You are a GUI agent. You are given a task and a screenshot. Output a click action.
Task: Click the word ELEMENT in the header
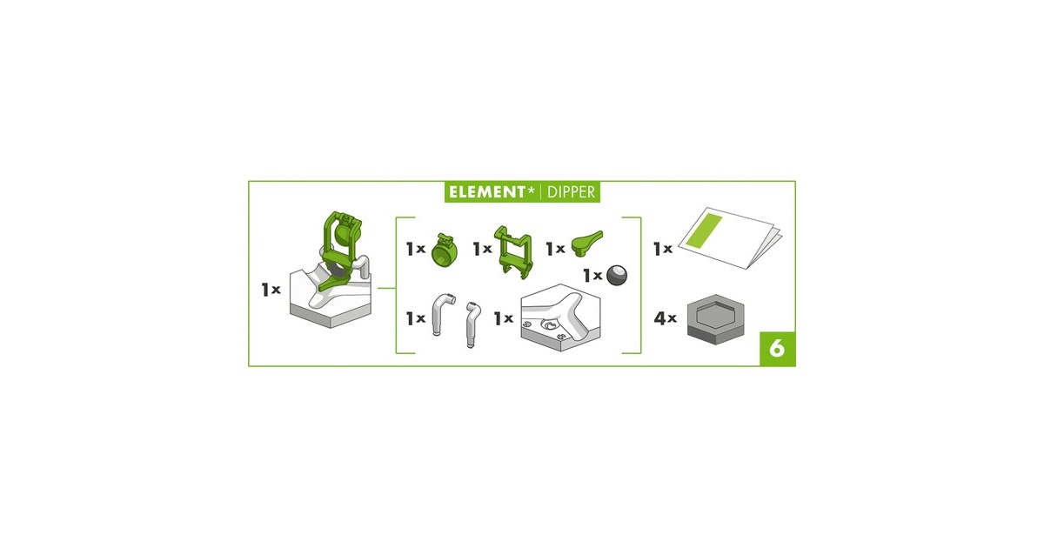tap(487, 192)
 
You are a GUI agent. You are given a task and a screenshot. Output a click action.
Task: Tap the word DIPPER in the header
tap(571, 192)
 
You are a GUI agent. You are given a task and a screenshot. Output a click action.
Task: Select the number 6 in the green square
tap(777, 349)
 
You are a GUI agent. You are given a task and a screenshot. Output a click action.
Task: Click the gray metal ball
tap(617, 275)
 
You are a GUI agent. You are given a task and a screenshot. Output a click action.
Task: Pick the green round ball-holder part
tap(445, 251)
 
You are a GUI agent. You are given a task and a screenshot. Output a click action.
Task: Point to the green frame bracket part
tap(513, 252)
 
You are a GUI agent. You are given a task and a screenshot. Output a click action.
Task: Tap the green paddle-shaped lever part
tap(586, 243)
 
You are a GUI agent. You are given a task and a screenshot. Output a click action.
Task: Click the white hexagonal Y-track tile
tap(560, 317)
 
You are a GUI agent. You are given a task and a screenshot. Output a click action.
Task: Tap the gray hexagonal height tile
tap(715, 319)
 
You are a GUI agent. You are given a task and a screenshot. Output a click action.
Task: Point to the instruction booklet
tap(730, 237)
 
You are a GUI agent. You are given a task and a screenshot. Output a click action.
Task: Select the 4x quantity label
tap(665, 318)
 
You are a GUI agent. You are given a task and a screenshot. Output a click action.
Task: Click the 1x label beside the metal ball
tap(592, 276)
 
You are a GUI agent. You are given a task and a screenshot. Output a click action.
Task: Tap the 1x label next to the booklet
tap(663, 249)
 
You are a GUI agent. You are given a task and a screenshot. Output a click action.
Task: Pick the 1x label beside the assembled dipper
tap(271, 290)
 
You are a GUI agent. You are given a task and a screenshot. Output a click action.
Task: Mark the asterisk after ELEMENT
tap(531, 190)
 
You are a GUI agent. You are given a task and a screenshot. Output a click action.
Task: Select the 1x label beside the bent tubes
tap(416, 318)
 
